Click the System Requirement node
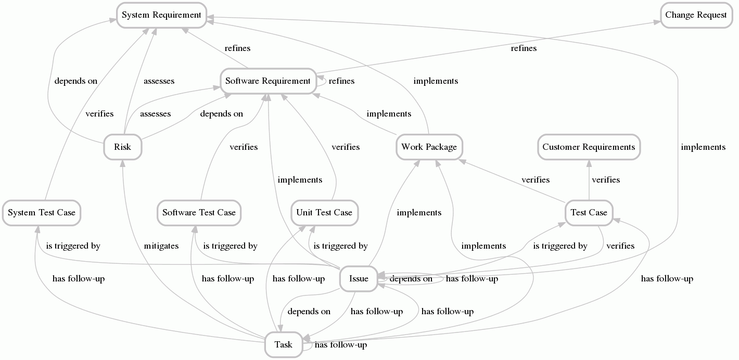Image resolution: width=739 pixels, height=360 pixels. pos(161,15)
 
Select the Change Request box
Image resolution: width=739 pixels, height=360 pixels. pos(696,15)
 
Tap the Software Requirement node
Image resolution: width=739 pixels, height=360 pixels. pos(267,81)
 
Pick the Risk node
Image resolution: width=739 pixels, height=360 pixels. pos(122,147)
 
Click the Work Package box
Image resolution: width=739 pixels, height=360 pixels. pos(429,147)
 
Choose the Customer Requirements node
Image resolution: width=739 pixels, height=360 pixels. pos(589,147)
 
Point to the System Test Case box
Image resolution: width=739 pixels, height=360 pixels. pos(42,212)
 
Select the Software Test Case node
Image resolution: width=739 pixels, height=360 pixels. pos(199,212)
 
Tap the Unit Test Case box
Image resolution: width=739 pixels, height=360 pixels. pos(324,212)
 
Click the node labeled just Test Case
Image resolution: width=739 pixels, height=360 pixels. pos(589,212)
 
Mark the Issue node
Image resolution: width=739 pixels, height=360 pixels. pos(359,278)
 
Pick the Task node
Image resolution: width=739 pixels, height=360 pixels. pos(283,344)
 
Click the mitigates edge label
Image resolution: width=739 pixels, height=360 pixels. pos(161,246)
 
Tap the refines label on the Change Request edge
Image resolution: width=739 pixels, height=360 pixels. pos(524,48)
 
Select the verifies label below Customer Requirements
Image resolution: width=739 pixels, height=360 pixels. pos(606,180)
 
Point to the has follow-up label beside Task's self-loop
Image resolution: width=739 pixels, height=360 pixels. pos(341,345)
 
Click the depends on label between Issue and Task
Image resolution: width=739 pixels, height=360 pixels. pos(309,312)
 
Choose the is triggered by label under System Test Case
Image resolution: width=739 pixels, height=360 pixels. pos(73,246)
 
